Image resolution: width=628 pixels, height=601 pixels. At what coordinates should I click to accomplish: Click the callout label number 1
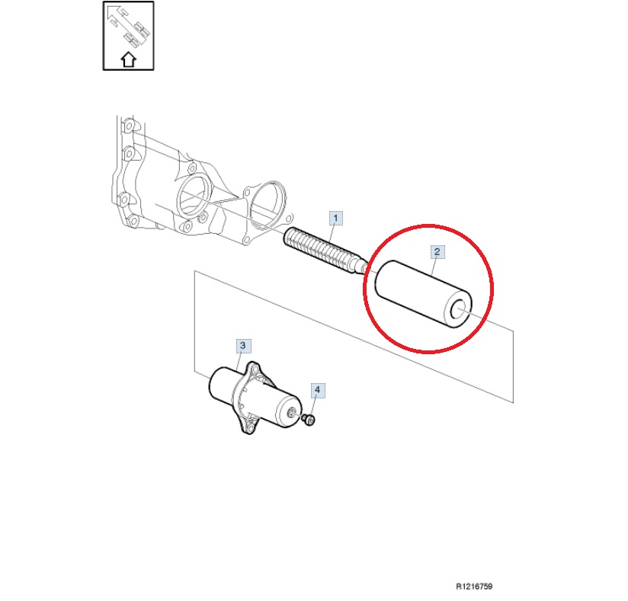pos(335,218)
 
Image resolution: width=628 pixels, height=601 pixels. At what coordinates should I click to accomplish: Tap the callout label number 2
pos(437,252)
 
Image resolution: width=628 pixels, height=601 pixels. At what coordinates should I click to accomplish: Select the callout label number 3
pos(242,346)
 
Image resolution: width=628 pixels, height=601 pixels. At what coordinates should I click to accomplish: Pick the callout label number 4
pos(318,389)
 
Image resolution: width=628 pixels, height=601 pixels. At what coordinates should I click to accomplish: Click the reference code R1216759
pos(474,587)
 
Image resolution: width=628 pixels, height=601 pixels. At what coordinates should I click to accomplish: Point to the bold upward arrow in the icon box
pos(129,59)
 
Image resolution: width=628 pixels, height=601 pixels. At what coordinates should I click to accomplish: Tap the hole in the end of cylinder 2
pos(459,310)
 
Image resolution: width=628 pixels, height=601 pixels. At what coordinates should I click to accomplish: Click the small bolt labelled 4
pos(309,420)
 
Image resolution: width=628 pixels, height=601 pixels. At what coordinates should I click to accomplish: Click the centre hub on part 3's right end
pos(293,413)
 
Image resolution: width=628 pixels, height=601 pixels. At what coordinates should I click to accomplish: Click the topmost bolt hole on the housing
pos(128,126)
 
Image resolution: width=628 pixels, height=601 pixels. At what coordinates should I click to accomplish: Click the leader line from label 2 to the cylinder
pos(434,266)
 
